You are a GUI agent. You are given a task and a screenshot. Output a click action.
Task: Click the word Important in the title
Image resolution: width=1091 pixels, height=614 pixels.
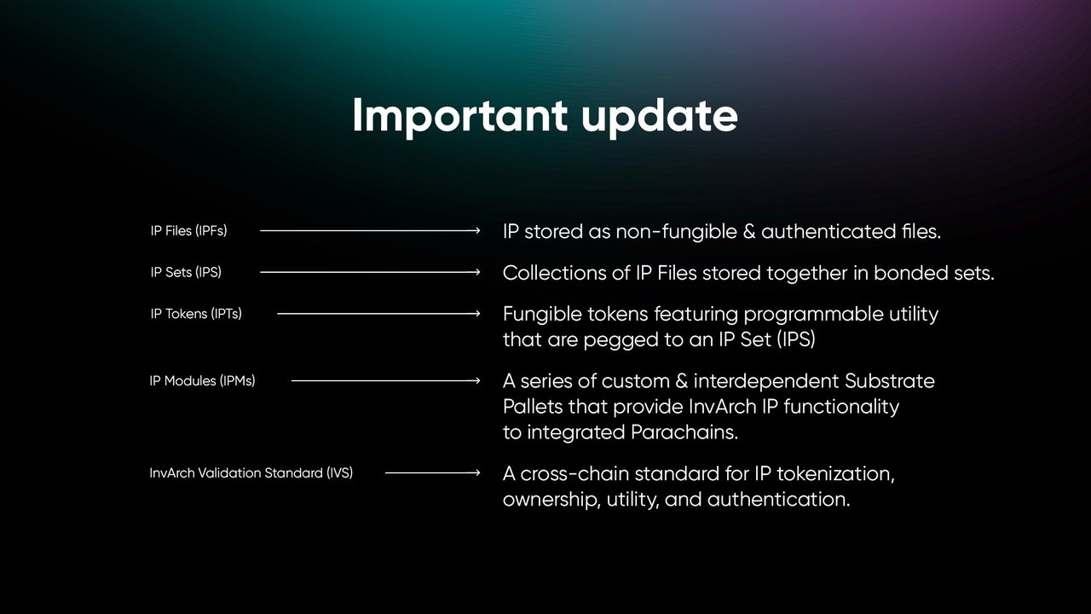click(459, 116)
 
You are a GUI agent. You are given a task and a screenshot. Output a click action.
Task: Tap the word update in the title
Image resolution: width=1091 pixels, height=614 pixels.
click(660, 116)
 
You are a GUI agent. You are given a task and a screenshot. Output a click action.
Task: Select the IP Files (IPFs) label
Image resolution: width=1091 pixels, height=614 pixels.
click(188, 231)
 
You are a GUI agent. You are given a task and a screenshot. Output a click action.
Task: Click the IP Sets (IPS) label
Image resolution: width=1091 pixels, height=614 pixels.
click(186, 272)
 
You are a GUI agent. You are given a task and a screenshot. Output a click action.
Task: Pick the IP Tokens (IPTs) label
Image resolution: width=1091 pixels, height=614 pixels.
click(196, 314)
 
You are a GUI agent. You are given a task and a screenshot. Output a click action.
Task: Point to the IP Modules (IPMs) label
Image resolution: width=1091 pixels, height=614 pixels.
click(202, 381)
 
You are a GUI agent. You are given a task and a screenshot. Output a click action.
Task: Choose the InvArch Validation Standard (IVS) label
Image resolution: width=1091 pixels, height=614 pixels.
click(251, 473)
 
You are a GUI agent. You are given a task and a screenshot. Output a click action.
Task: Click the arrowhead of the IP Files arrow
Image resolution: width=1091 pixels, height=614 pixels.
click(478, 230)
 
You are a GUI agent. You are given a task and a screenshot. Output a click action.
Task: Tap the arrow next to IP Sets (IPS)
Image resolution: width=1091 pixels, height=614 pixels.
click(370, 272)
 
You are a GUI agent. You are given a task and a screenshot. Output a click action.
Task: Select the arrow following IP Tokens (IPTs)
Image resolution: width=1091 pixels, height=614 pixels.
click(378, 314)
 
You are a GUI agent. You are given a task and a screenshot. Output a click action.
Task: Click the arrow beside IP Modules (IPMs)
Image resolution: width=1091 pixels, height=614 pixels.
click(386, 381)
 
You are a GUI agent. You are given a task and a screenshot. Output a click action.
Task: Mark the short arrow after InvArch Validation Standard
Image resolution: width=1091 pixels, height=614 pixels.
click(432, 472)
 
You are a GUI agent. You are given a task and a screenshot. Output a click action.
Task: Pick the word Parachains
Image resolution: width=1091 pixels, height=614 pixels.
click(684, 432)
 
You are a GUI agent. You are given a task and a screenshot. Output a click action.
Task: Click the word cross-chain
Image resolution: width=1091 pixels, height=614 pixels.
click(574, 473)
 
